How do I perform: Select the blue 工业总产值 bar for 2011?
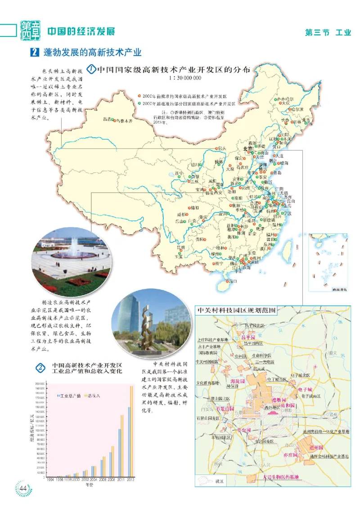pyautogui.click(x=120, y=453)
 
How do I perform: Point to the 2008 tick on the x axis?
pyautogui.click(x=112, y=480)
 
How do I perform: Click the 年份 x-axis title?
pyautogui.click(x=90, y=485)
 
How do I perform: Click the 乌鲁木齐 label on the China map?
pyautogui.click(x=125, y=121)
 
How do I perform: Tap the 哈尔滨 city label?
pyautogui.click(x=296, y=108)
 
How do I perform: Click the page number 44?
pyautogui.click(x=23, y=488)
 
